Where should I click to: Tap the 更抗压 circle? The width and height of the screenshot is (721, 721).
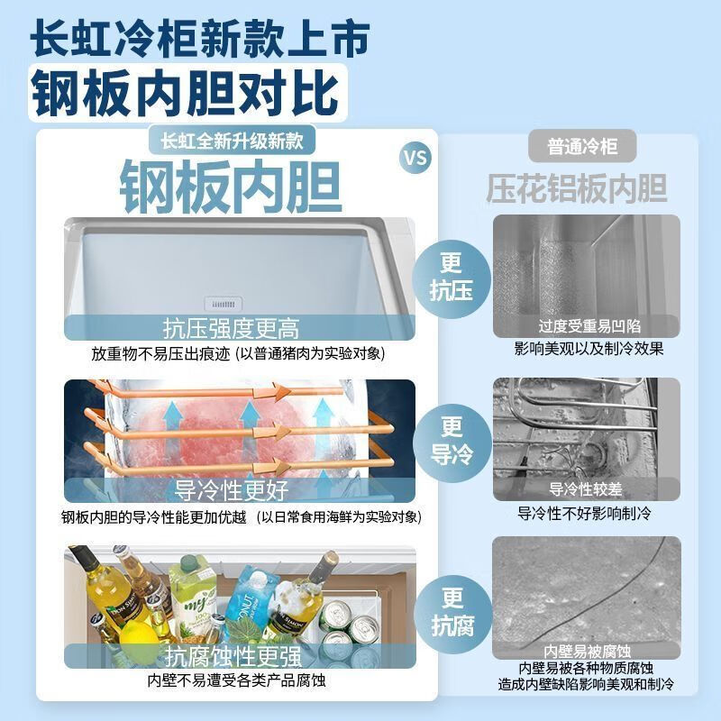click(452, 276)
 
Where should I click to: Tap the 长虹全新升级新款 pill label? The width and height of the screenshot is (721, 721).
click(232, 141)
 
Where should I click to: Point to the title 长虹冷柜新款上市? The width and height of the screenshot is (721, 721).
click(200, 38)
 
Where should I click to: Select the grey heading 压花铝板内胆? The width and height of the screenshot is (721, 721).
click(577, 188)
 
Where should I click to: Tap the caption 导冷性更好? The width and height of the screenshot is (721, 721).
click(231, 490)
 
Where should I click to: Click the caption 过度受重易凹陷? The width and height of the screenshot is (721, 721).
click(589, 325)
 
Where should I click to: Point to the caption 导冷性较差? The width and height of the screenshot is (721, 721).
click(586, 489)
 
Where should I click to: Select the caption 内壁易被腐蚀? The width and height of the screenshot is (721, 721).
click(586, 651)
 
